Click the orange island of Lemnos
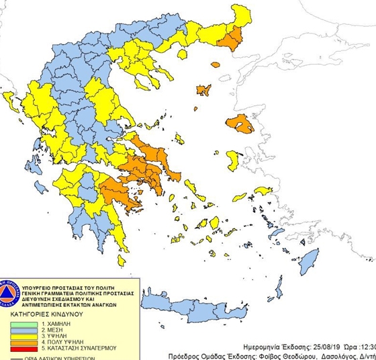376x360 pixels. [x=202, y=89]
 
